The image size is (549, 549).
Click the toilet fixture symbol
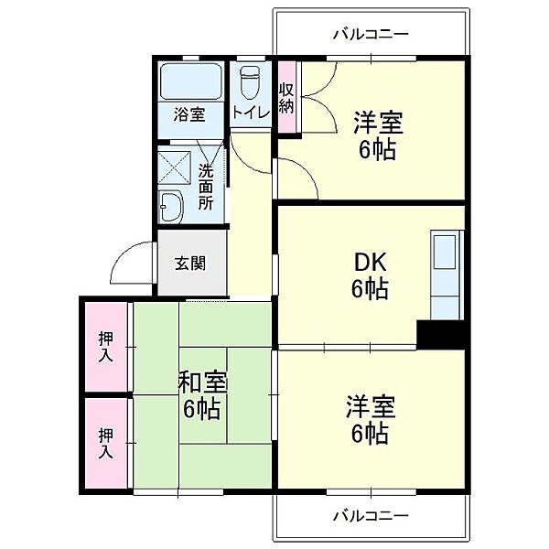pos(250,82)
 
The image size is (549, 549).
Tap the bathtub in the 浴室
pos(191,81)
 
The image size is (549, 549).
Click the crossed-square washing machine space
pos(174,167)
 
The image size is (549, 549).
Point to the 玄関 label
pos(190,264)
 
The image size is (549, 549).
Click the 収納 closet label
pos(286,99)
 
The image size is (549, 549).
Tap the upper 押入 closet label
pos(106,347)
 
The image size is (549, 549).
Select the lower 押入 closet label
pos(106,443)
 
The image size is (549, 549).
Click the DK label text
pos(370,262)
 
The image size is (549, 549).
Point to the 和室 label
pos(203,382)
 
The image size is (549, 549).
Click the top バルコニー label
pos(371,35)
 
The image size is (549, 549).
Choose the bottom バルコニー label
pos(371,516)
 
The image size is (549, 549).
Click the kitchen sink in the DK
pos(445,253)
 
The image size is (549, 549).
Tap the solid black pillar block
pos(441,334)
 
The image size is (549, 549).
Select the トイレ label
pos(251,113)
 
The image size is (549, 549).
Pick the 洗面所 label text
pos(206,188)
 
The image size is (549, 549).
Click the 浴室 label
pos(189,114)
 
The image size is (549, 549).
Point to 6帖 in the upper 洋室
pos(377,150)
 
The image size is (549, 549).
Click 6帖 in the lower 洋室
pos(370,434)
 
